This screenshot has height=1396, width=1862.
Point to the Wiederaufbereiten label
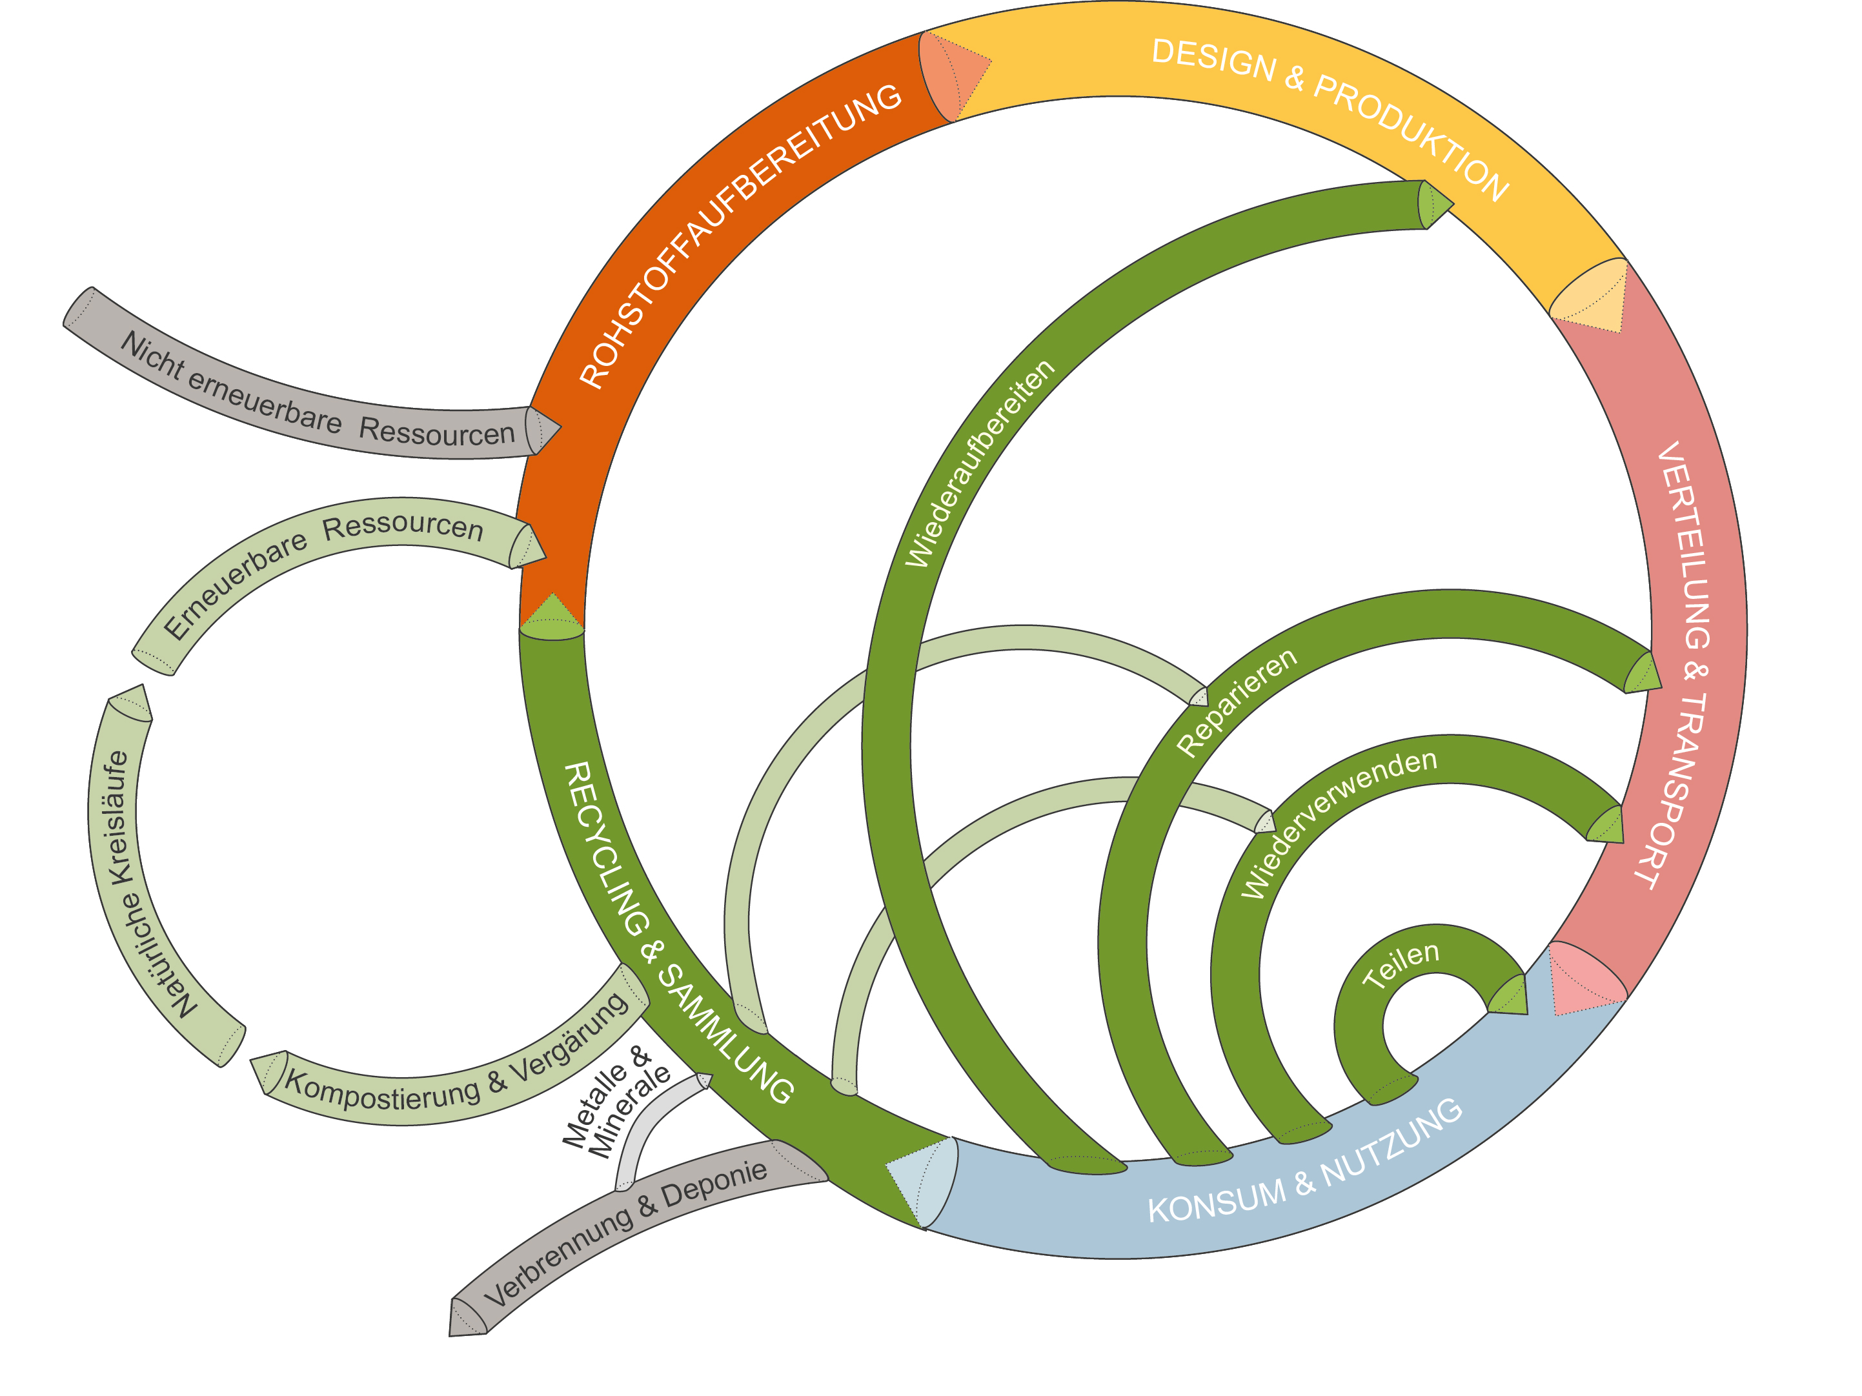coord(979,463)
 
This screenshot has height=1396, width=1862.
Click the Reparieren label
coord(1236,702)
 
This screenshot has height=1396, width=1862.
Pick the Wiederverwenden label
coord(1339,823)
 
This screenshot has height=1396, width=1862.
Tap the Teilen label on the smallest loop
coord(1401,965)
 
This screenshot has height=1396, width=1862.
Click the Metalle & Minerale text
coord(616,1101)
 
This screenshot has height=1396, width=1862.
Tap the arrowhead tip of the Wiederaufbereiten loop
coord(1453,204)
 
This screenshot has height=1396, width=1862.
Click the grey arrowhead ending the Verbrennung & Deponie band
coord(467,1318)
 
